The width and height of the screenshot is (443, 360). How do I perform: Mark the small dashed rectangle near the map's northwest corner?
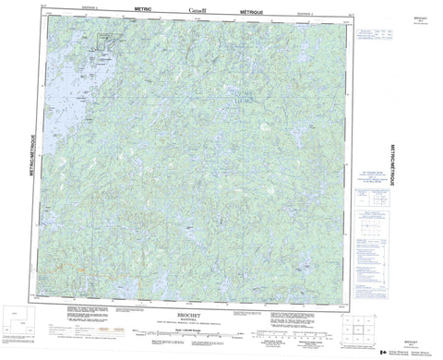pos(112,38)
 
